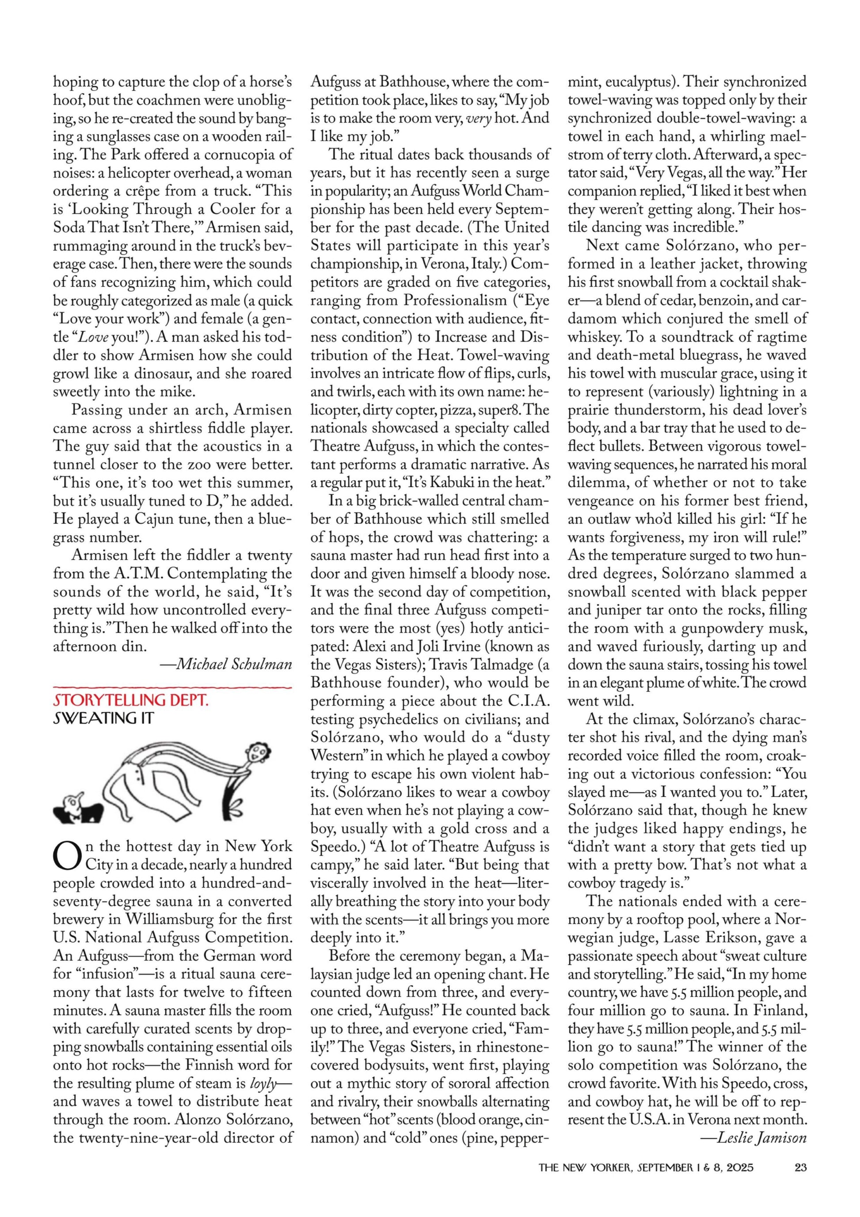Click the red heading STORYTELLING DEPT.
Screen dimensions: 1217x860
pyautogui.click(x=130, y=700)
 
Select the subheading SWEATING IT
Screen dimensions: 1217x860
pyautogui.click(x=103, y=718)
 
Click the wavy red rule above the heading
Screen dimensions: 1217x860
pyautogui.click(x=172, y=687)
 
